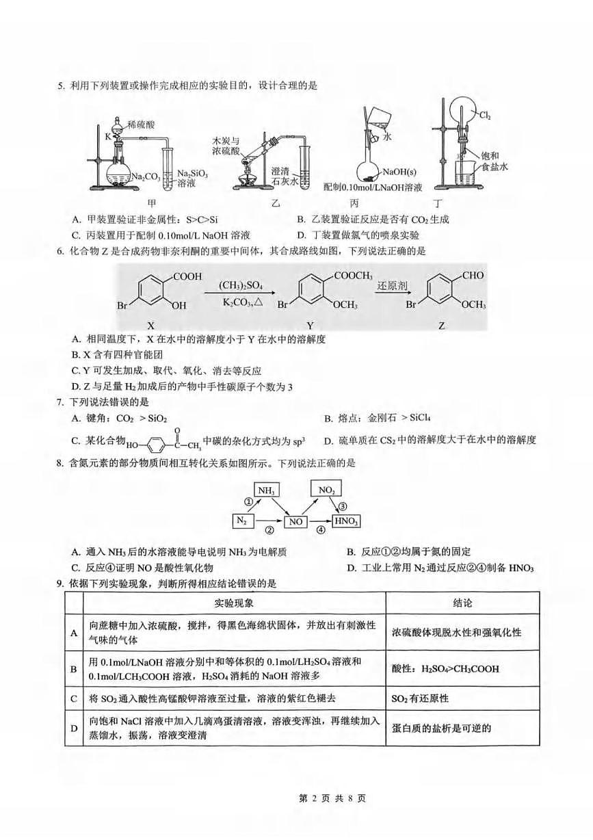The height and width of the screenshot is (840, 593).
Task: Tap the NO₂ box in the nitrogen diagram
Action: (326, 490)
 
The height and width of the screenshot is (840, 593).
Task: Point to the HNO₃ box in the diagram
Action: (347, 521)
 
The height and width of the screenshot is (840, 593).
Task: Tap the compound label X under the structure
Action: (161, 326)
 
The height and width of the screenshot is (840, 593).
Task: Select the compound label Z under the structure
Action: (442, 326)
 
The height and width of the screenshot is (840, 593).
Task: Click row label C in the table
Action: (73, 698)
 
